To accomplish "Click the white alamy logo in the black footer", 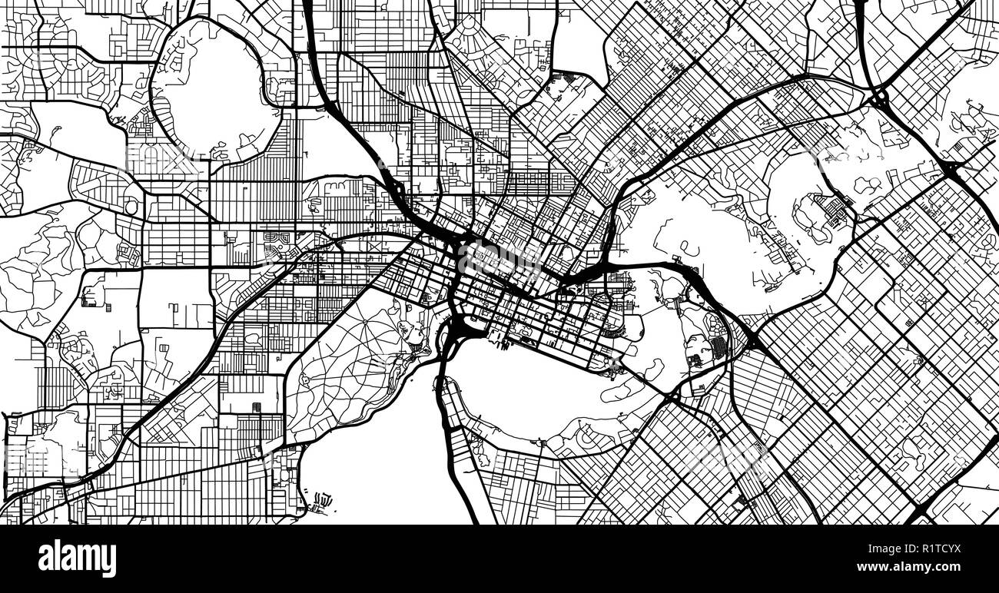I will point(77,558).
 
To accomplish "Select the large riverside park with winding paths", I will point(353,361).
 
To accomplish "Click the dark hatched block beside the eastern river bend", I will point(718,347).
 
